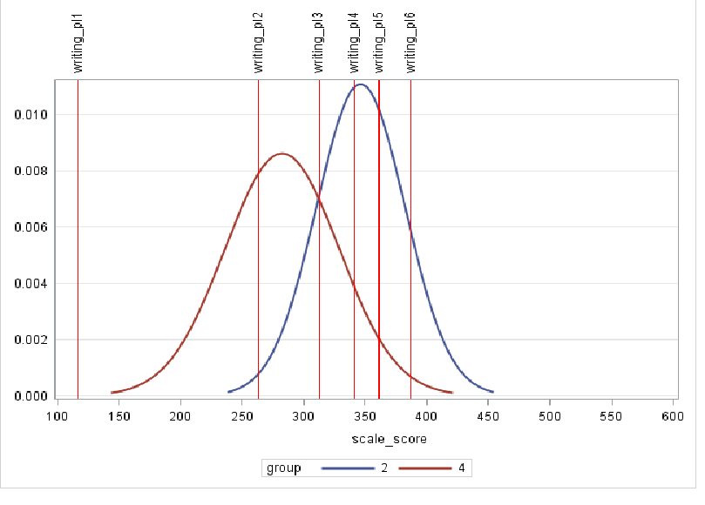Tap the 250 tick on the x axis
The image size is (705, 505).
pos(242,417)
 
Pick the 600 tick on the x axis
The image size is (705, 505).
pos(673,417)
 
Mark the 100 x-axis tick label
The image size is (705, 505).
pos(58,417)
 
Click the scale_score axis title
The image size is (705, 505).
pos(364,439)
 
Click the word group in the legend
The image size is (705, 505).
pos(283,468)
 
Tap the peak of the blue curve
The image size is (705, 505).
pos(361,84)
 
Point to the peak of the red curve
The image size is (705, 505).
pos(281,153)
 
